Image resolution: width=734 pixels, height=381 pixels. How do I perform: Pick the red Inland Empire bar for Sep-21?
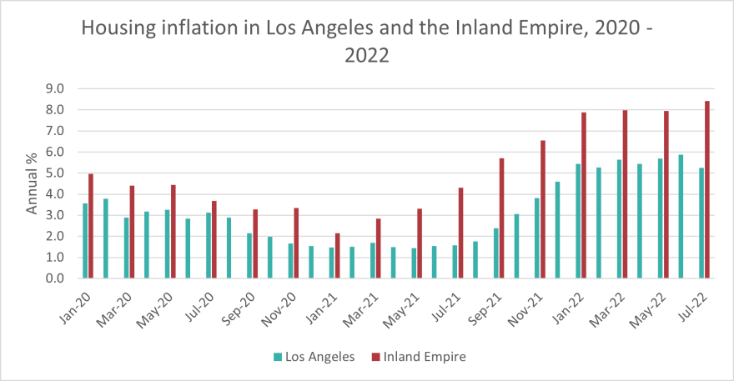tap(502, 218)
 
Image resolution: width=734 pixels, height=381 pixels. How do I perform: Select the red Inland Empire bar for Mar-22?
tap(626, 193)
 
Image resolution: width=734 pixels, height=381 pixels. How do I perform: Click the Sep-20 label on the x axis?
tap(243, 303)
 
